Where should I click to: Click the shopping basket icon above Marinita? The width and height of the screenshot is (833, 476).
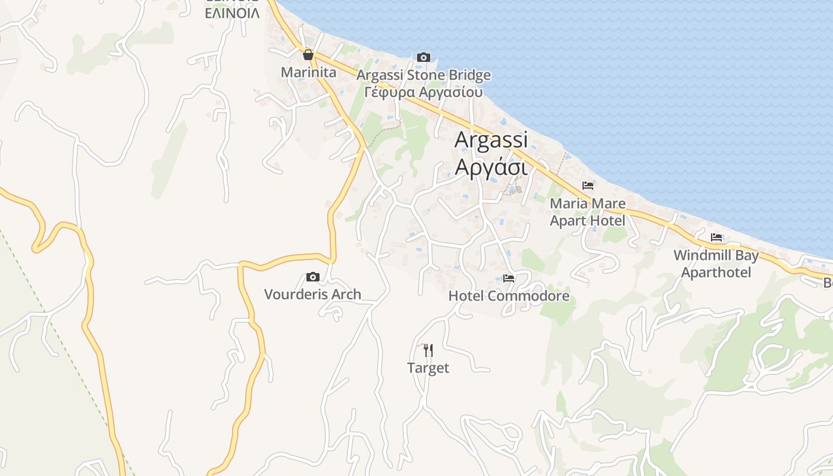pyautogui.click(x=308, y=55)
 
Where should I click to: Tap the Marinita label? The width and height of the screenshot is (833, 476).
pyautogui.click(x=308, y=73)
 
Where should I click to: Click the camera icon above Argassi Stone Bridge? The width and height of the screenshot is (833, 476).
pyautogui.click(x=424, y=57)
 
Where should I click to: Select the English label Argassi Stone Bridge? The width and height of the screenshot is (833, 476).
pyautogui.click(x=424, y=76)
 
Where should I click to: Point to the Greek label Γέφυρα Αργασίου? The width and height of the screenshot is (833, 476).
pyautogui.click(x=424, y=92)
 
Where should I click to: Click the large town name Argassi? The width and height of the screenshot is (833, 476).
pyautogui.click(x=491, y=140)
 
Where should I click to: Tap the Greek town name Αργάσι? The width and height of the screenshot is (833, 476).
pyautogui.click(x=491, y=167)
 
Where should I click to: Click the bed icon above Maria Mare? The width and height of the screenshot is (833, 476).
pyautogui.click(x=588, y=186)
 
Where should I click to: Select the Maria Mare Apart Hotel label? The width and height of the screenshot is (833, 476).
pyautogui.click(x=587, y=212)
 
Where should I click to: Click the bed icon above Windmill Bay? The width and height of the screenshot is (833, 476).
pyautogui.click(x=716, y=237)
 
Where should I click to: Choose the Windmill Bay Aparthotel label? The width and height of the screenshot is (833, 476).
pyautogui.click(x=716, y=264)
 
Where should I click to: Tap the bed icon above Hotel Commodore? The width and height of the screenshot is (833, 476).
pyautogui.click(x=509, y=278)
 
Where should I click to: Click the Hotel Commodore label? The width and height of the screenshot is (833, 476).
pyautogui.click(x=509, y=296)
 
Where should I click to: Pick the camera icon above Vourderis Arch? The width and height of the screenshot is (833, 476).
pyautogui.click(x=312, y=277)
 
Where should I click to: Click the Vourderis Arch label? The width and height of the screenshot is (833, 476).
pyautogui.click(x=312, y=294)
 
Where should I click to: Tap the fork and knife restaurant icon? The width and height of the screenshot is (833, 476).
pyautogui.click(x=428, y=350)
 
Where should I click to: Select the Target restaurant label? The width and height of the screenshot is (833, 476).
pyautogui.click(x=428, y=368)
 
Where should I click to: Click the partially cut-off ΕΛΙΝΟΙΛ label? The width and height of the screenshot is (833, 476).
pyautogui.click(x=232, y=12)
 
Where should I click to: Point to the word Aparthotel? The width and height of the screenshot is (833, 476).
pyautogui.click(x=716, y=273)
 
